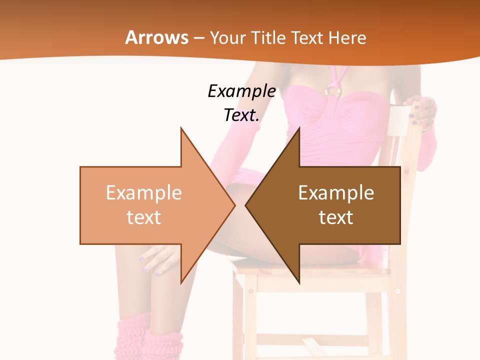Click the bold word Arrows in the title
[157, 38]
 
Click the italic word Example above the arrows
[241, 91]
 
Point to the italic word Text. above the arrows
[241, 115]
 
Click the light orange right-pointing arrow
[150, 205]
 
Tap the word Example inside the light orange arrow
[144, 193]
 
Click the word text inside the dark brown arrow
[336, 217]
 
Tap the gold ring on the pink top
[333, 90]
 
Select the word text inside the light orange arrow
[144, 217]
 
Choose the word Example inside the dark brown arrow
[336, 193]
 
